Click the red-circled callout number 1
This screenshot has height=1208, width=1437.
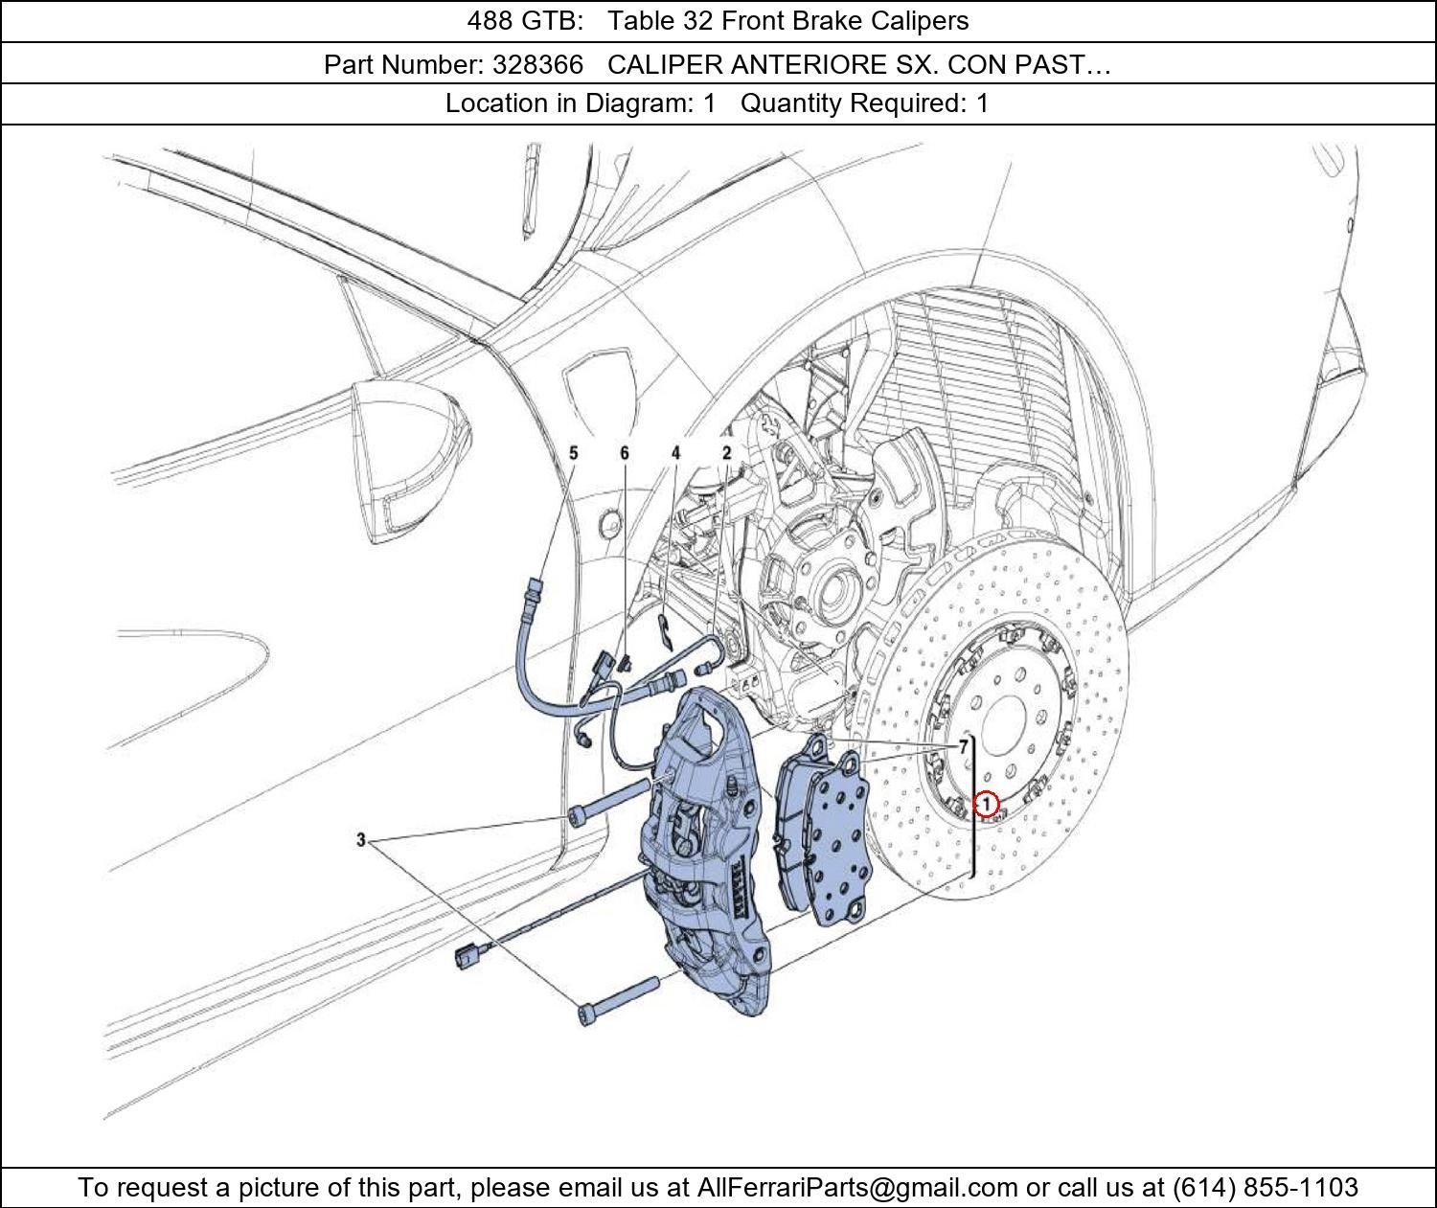pos(986,804)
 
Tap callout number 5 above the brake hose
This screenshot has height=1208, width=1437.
pos(573,453)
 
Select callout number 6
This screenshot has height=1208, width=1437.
pos(625,453)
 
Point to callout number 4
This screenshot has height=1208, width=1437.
pos(675,453)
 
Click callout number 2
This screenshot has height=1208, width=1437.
pos(727,453)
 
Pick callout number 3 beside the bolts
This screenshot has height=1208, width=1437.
pos(361,840)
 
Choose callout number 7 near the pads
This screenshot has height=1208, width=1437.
pos(964,747)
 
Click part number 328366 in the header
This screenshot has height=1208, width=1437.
pos(537,65)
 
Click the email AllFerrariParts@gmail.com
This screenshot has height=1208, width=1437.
pos(857,1187)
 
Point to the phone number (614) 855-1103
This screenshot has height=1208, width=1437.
pos(1266,1187)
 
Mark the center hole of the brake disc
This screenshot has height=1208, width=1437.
pos(1005,730)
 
